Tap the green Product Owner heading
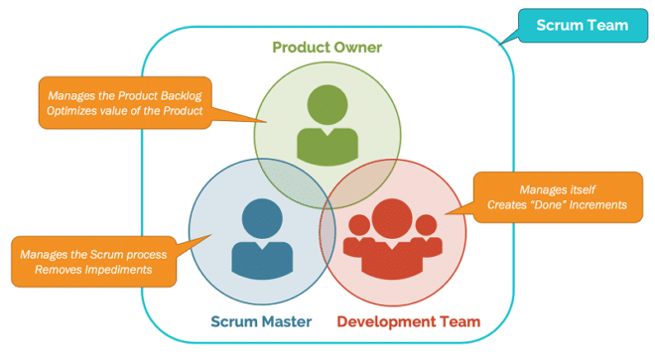(x=328, y=48)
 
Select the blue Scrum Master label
(x=261, y=321)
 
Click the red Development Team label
(x=408, y=321)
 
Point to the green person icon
(x=328, y=126)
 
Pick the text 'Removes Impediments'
(x=87, y=271)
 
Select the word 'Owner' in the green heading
(x=358, y=48)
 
